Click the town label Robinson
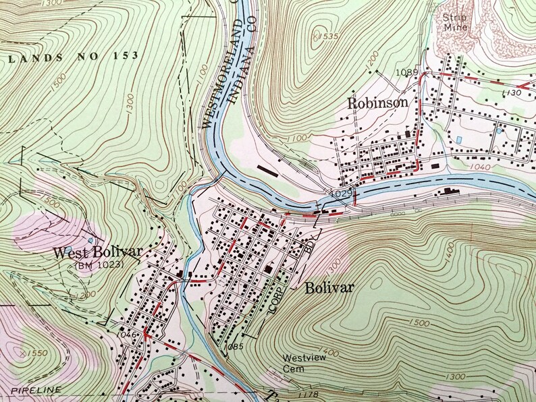pos(378,103)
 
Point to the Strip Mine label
pos(456,22)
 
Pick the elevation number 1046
pos(127,334)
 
